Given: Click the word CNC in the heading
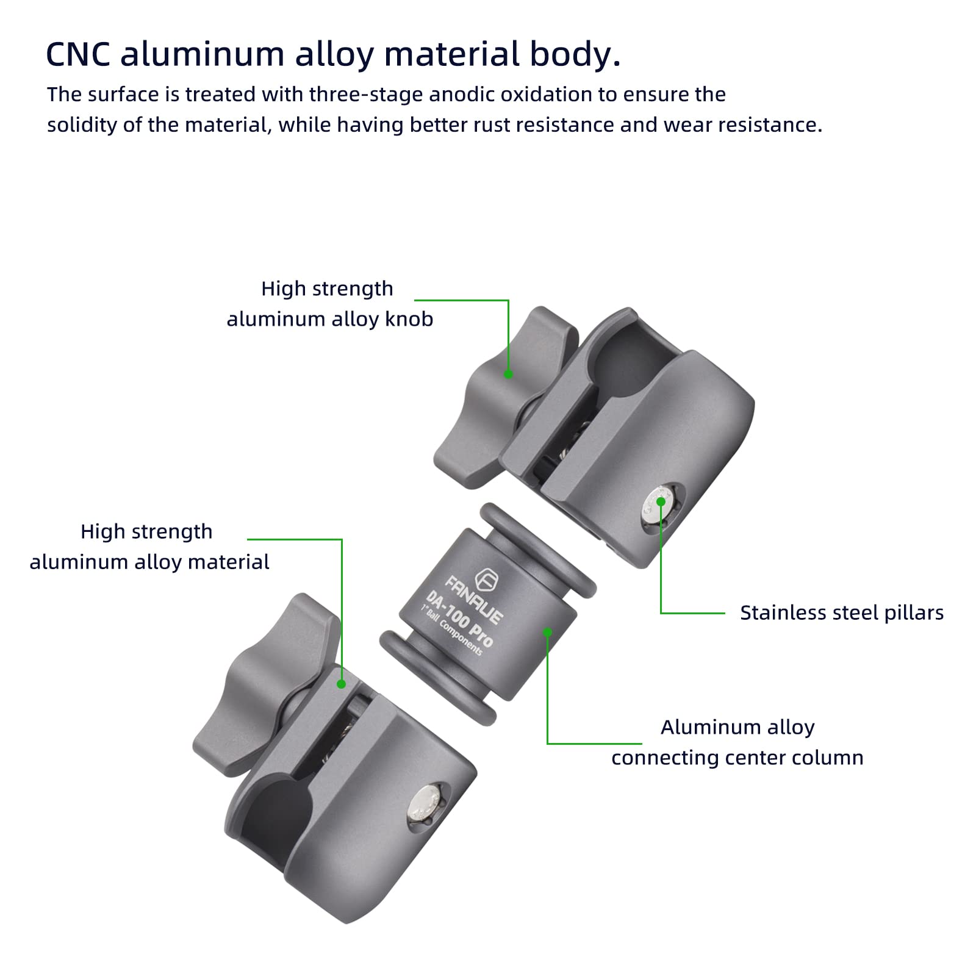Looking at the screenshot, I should point(78,54).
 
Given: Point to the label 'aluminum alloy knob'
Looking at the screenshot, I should point(329,319).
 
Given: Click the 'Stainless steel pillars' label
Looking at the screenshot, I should point(841,612).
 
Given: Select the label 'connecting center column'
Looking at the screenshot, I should point(737,758).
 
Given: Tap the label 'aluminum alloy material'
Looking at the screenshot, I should point(149,562).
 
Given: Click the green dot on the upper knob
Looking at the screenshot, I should point(508,375).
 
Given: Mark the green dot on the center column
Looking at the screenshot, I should point(548,632).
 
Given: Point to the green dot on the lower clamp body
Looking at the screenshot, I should point(342,684).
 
